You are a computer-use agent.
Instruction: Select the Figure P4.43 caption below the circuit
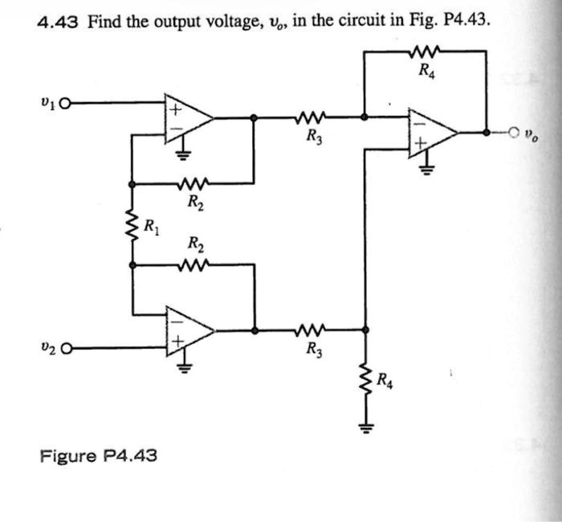coord(98,456)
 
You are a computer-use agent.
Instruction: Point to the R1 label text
coord(150,226)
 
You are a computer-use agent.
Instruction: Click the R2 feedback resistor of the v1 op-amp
coord(195,183)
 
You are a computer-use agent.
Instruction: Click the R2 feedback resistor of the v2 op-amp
coord(195,263)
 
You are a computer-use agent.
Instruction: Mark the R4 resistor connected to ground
coord(367,377)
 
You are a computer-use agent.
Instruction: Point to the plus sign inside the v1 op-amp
coord(172,105)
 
